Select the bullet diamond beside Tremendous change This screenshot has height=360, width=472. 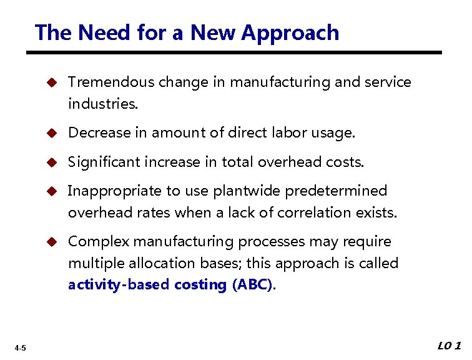[x=53, y=82]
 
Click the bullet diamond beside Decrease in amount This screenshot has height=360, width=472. [x=53, y=133]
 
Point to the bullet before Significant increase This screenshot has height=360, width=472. [x=53, y=162]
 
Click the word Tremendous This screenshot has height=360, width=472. [x=111, y=82]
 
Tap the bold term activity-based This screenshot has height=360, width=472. [x=118, y=285]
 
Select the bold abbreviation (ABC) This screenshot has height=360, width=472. [x=252, y=285]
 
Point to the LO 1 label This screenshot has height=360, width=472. [x=449, y=346]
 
